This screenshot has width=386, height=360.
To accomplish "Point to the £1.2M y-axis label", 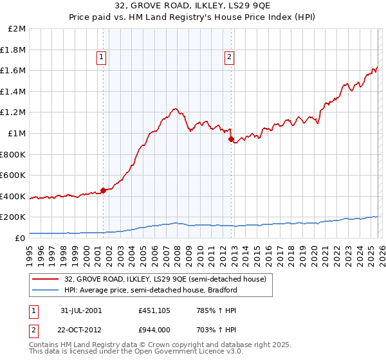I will (x=14, y=113).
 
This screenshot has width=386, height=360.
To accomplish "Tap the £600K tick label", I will (x=14, y=175).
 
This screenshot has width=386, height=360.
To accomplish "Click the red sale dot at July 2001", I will (x=104, y=190).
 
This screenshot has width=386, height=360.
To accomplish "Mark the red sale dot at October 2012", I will (x=231, y=138).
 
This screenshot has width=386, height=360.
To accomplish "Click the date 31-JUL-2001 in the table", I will (x=80, y=310).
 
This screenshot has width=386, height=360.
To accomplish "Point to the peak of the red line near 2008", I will (x=174, y=109).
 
